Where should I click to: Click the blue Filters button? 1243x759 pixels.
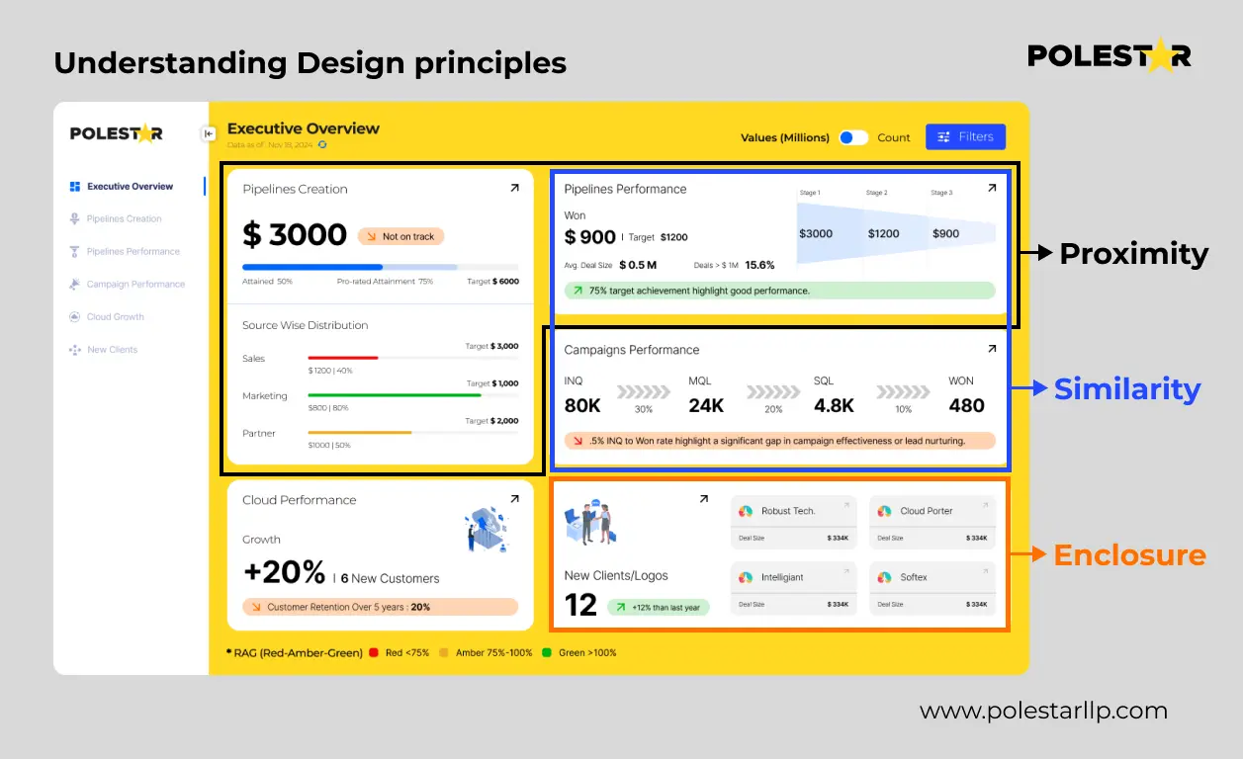point(965,137)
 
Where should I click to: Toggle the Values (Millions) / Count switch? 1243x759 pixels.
point(853,137)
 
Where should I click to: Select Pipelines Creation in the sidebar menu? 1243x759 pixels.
point(124,218)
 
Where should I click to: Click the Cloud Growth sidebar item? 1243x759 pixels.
point(115,317)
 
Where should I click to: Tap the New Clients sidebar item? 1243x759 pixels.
point(112,350)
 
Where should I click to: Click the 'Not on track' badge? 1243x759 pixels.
point(401,236)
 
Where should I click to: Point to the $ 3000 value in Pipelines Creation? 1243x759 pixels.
point(295,235)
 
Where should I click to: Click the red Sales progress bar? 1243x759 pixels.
point(343,358)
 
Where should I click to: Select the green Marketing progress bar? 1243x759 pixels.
point(395,395)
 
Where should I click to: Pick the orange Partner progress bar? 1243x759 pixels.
point(360,432)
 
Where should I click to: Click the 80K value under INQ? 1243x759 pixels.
point(582,405)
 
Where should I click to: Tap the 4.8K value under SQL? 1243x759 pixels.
point(834,405)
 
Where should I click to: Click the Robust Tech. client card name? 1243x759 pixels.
point(788,511)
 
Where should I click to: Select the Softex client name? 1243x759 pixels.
point(914,577)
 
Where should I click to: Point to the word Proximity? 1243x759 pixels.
point(1133,254)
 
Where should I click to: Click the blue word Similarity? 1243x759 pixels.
point(1127,389)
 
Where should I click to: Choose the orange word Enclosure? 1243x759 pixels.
point(1129,554)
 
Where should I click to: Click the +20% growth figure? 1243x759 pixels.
point(284,572)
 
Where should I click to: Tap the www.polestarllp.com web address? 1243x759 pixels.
point(1043,711)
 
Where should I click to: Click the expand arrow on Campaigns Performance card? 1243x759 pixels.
point(992,349)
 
